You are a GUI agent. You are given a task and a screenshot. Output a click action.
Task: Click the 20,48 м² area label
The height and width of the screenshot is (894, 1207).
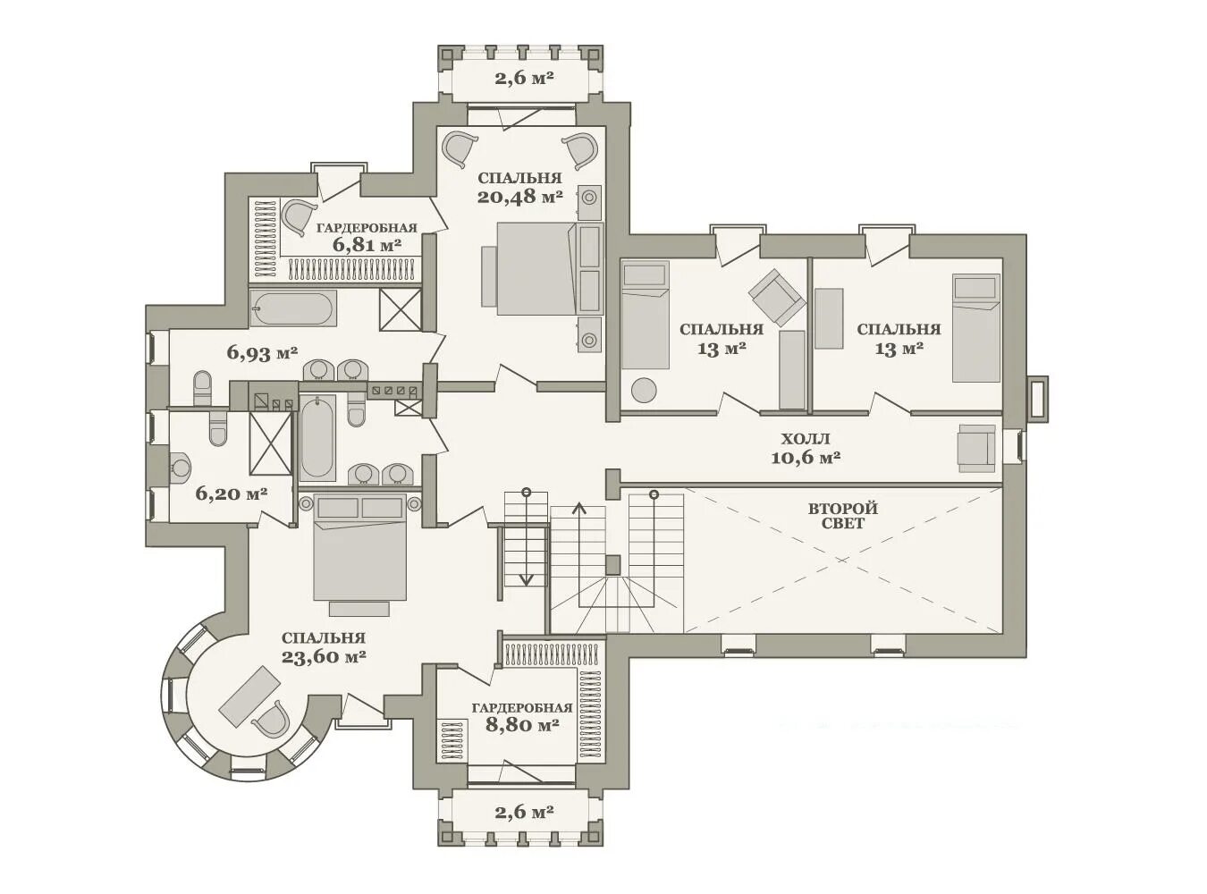519,196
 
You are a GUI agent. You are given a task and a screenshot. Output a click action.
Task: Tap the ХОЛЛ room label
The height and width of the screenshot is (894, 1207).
806,439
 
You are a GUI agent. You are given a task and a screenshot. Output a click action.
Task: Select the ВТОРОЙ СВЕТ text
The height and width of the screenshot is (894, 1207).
843,516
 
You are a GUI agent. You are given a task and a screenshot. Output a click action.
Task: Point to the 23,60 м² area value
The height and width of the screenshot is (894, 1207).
324,657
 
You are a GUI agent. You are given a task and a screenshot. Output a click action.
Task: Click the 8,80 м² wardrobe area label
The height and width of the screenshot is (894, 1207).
522,725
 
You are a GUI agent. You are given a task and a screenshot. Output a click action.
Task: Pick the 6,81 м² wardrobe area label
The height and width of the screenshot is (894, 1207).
367,245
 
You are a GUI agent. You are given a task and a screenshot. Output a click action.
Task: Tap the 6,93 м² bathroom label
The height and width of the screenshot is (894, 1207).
262,354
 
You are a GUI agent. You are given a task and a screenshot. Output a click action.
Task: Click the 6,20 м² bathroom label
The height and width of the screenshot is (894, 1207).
231,493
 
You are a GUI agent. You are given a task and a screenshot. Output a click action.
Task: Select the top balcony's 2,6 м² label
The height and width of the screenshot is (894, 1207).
524,79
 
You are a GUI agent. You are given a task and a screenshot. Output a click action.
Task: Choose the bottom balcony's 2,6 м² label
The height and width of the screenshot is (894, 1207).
524,813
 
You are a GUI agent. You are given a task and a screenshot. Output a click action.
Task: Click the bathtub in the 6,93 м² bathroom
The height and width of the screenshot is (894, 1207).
292,308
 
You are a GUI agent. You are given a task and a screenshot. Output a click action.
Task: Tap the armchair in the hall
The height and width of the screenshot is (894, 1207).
976,449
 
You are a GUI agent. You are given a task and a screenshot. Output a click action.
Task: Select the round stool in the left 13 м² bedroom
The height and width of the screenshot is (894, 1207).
644,390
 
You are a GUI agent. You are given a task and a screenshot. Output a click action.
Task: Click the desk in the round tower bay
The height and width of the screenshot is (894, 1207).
249,696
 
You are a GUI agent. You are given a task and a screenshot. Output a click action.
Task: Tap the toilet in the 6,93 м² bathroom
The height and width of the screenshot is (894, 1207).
202,388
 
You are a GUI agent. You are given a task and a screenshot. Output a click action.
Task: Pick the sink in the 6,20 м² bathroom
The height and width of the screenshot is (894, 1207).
179,468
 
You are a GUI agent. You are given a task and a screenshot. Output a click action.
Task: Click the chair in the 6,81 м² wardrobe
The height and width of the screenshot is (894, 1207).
299,217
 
